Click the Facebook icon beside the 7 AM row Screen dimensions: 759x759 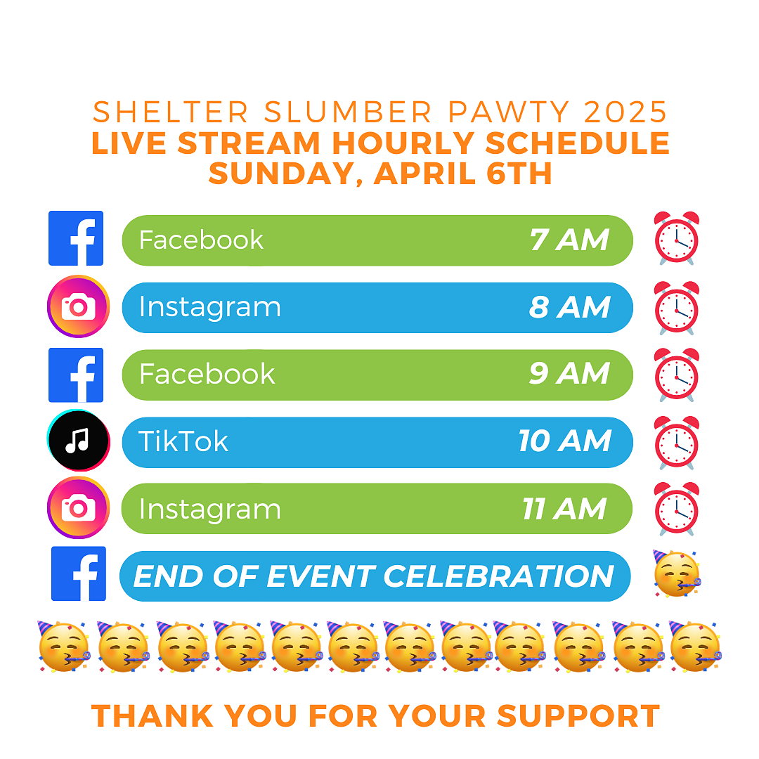click(x=76, y=238)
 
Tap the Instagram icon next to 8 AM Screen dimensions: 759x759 click(x=79, y=306)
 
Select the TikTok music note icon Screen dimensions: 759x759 click(x=79, y=440)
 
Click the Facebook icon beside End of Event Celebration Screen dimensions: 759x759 click(x=79, y=573)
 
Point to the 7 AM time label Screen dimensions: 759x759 click(x=569, y=240)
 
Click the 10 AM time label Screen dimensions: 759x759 click(x=565, y=441)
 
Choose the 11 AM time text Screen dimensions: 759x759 click(x=564, y=509)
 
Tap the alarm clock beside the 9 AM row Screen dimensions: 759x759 click(x=677, y=375)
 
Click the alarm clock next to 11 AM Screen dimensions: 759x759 click(x=677, y=509)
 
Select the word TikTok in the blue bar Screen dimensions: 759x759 click(x=183, y=441)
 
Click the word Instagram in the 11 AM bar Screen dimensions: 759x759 click(x=209, y=510)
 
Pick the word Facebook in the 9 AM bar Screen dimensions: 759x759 click(x=207, y=374)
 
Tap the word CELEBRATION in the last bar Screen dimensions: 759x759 click(x=499, y=576)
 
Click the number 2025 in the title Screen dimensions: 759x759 click(x=625, y=112)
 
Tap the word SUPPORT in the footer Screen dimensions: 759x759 click(x=578, y=715)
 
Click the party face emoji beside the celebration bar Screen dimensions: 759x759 click(x=676, y=573)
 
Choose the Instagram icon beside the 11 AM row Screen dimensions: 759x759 click(x=79, y=508)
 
